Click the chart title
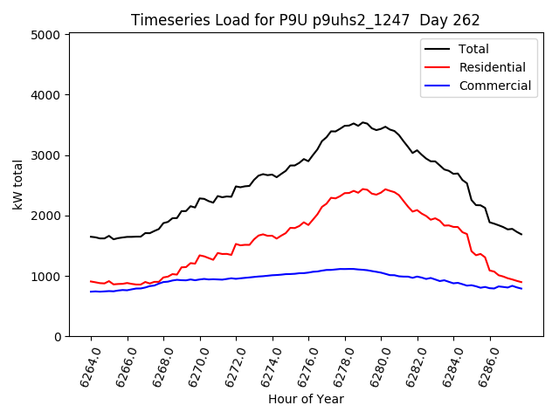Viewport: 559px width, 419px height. (306, 19)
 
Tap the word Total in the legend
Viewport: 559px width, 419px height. (473, 49)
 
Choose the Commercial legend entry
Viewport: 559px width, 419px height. (494, 86)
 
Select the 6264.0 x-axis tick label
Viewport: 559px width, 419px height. (84, 365)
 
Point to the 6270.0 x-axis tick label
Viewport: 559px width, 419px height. (193, 365)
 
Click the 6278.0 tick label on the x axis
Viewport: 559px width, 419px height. (338, 365)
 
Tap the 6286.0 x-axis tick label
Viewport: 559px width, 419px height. (483, 365)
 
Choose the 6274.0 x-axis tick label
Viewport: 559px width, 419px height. (266, 365)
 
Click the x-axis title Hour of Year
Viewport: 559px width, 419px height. (306, 399)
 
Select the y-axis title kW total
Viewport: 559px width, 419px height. (17, 185)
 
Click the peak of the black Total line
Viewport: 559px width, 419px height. (363, 122)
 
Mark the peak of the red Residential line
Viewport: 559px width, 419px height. (363, 187)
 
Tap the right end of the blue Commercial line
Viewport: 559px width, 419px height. (521, 288)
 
